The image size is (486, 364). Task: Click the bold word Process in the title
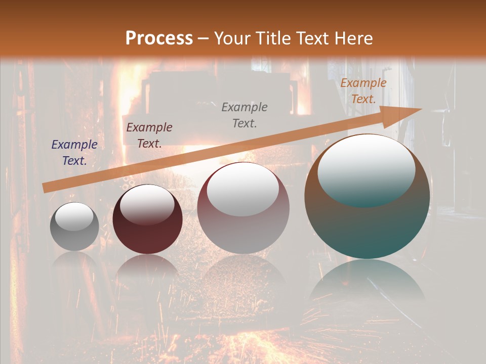159,38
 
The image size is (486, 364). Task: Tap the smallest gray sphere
74,226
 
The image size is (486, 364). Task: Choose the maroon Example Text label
149,135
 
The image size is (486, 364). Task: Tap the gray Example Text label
245,115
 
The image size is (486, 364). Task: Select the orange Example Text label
363,91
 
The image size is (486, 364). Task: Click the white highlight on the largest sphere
366,170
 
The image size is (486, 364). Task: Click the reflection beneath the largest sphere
367,283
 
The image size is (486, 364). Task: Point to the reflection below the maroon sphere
147,270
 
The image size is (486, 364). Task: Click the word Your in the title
232,38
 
